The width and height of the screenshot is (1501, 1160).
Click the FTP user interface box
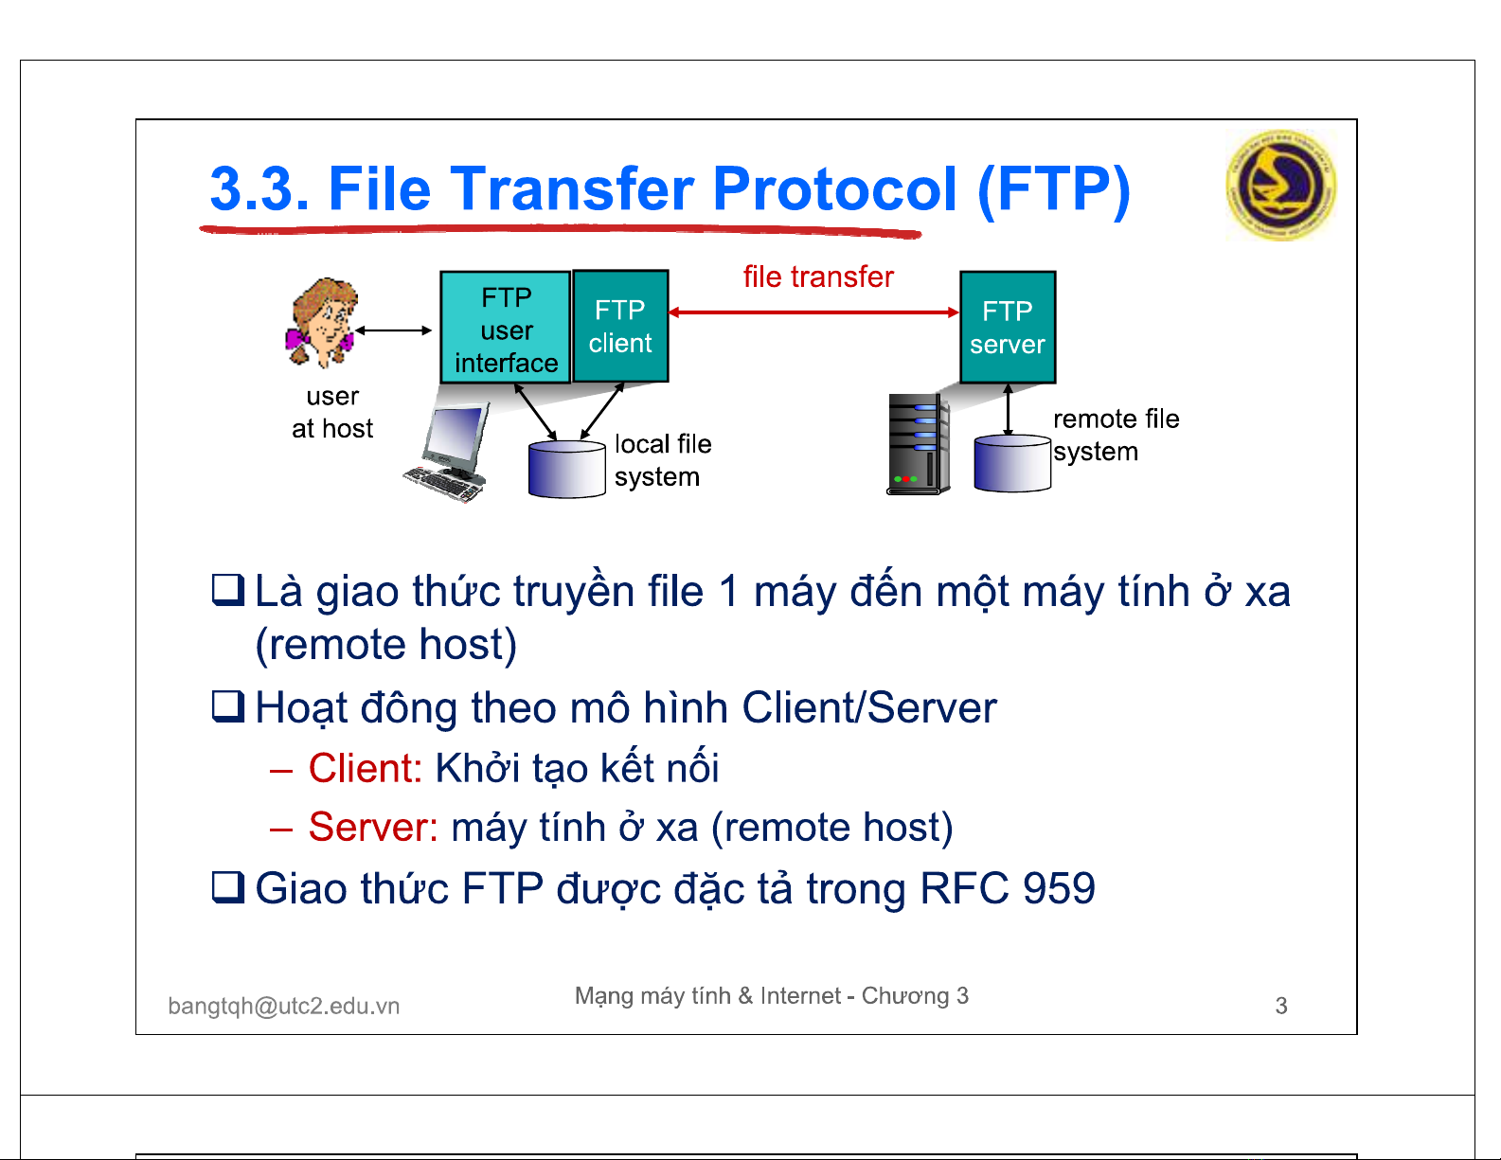pos(506,328)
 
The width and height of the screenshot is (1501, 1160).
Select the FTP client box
pos(620,326)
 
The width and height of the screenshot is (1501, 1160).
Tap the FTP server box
pos(1008,328)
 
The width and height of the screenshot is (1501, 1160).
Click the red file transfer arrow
pos(813,312)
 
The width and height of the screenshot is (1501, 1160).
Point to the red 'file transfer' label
pos(818,277)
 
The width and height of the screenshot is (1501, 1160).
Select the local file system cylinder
pos(566,470)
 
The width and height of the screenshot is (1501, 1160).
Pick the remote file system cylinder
pos(1012,463)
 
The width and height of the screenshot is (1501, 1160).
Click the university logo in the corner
pos(1281,185)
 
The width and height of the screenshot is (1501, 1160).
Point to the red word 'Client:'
pos(366,768)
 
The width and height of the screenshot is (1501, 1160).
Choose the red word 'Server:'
pos(373,827)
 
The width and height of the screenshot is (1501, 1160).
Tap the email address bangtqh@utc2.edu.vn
pos(284,1006)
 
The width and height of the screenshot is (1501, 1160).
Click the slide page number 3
pos(1281,1006)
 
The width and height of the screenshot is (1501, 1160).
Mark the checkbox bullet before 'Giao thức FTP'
pos(228,887)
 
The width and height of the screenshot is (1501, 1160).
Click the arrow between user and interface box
pos(394,330)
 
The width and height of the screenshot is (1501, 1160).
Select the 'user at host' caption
pos(332,412)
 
